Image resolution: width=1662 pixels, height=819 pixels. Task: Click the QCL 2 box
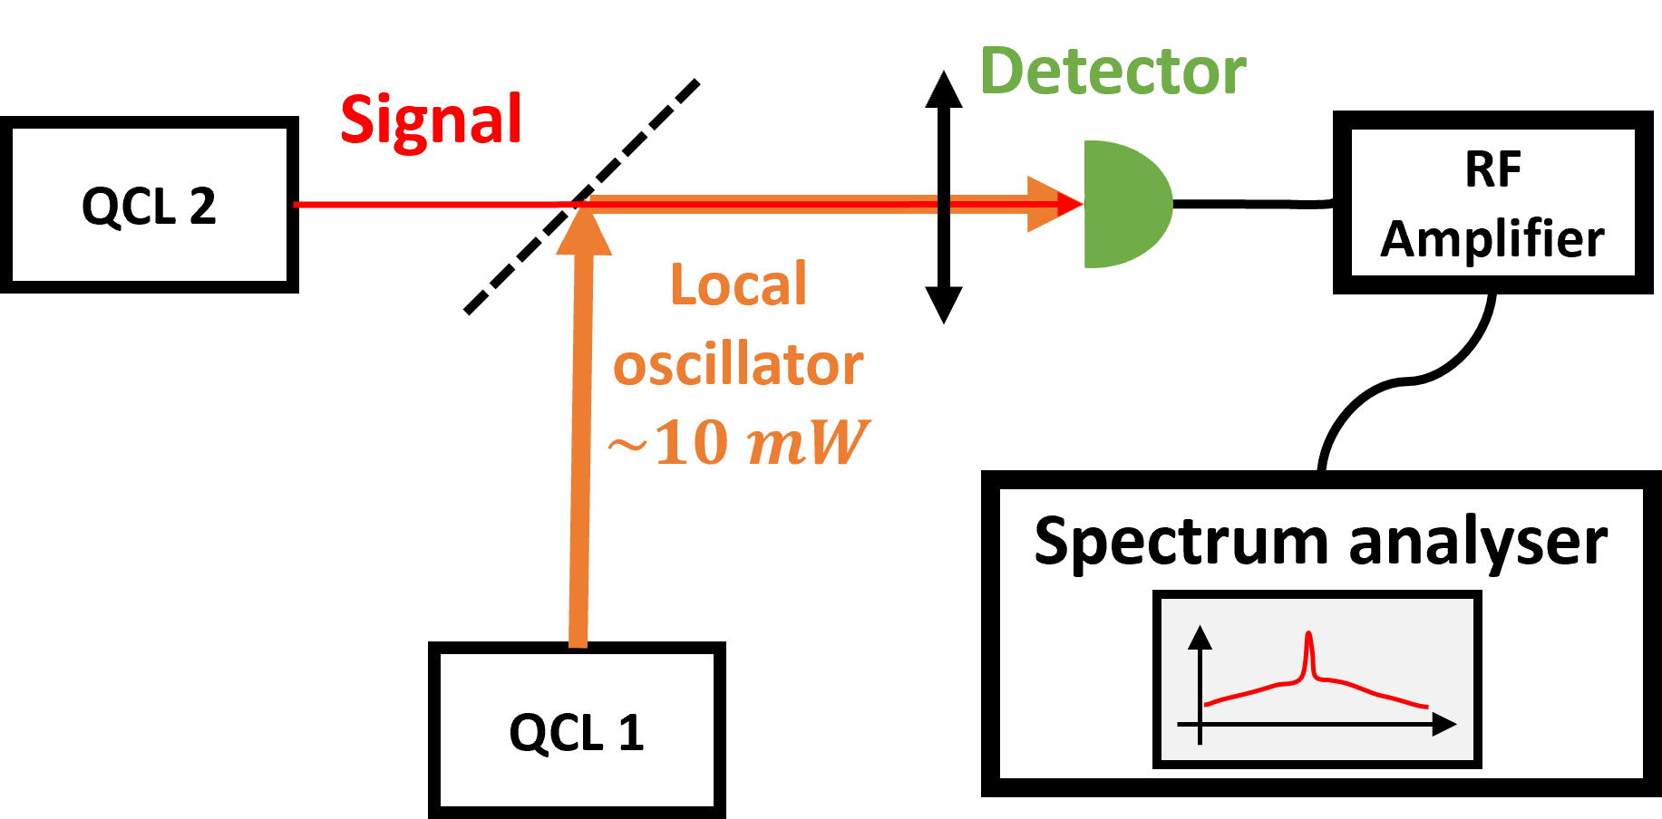(x=150, y=205)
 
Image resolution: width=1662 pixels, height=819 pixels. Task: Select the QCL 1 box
(x=577, y=730)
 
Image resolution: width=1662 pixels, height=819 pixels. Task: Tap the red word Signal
(x=431, y=120)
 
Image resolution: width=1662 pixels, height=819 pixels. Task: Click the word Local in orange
(x=738, y=284)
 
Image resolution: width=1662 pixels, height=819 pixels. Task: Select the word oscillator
(x=738, y=364)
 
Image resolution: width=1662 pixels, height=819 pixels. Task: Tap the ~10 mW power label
(x=738, y=442)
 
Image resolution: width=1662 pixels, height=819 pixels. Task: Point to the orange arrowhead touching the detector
(x=1052, y=205)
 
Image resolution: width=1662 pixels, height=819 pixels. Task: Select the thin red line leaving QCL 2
(x=435, y=205)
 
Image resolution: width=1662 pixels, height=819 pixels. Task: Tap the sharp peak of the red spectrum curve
(x=1308, y=637)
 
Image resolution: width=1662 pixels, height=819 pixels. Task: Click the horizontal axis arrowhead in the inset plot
(x=1444, y=724)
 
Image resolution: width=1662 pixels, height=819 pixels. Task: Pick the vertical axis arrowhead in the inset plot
(x=1200, y=637)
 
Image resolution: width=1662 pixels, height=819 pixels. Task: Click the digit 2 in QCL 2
(x=203, y=207)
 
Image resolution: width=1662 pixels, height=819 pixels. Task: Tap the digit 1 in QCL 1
(x=631, y=732)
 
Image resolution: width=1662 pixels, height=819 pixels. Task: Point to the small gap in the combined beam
(x=943, y=205)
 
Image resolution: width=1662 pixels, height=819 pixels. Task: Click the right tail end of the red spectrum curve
(x=1425, y=706)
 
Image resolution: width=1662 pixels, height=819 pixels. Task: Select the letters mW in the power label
(x=805, y=442)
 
